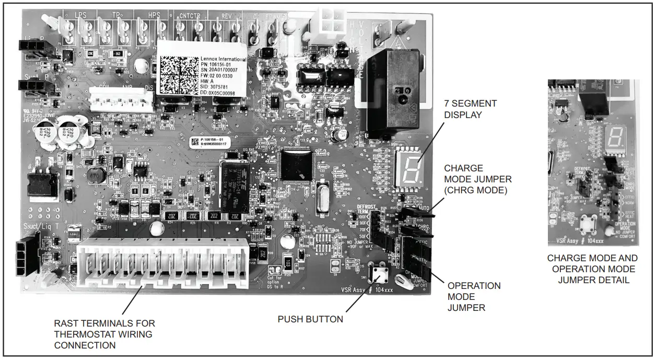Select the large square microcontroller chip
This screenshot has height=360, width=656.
tap(296, 166)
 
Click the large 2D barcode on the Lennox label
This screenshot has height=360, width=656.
tap(178, 75)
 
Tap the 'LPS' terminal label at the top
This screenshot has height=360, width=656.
tap(81, 15)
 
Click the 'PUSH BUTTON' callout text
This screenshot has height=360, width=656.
tap(310, 319)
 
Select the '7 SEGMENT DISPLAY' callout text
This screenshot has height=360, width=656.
tap(470, 109)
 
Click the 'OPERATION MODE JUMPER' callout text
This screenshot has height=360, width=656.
tap(474, 297)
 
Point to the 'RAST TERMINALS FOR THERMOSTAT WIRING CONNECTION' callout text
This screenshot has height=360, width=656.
tap(104, 334)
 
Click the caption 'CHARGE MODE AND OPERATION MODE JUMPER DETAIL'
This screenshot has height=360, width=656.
tap(593, 269)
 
